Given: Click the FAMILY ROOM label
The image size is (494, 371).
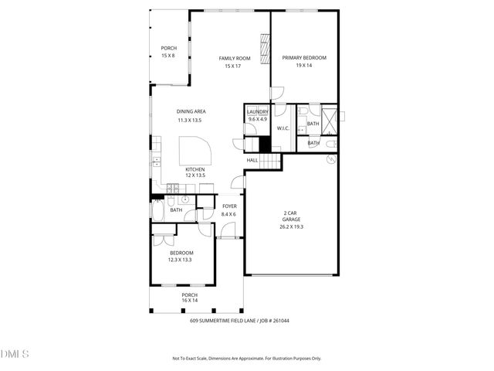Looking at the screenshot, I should pos(235,58).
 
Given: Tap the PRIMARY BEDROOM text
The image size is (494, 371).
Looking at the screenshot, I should pos(304,58).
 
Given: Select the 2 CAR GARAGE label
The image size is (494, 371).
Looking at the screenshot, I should pos(291,216).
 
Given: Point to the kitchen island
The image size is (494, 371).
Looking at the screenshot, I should pos(194,148).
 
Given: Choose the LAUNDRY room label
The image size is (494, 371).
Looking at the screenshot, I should pos(257,112).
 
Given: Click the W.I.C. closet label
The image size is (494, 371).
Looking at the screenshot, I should pos(283,128).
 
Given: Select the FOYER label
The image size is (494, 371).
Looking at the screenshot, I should pos(229,206).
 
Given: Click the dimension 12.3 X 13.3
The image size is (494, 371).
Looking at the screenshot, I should pos(180,260).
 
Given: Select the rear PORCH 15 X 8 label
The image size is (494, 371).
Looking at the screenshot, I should pos(168,52).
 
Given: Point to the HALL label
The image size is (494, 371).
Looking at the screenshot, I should pos(252,160).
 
